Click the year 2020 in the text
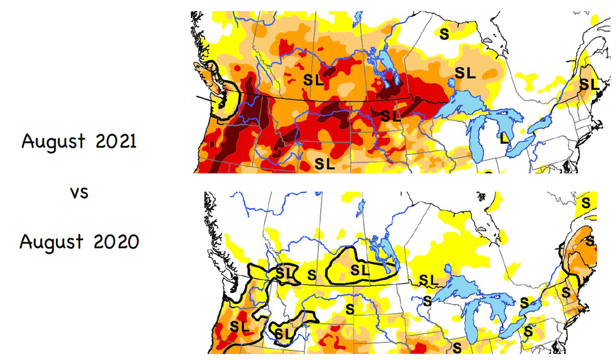(116, 242)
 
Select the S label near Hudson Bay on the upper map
(444, 35)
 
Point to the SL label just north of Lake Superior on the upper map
(465, 73)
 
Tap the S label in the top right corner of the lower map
(586, 202)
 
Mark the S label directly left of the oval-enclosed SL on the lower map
(312, 274)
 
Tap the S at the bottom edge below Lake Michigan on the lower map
(457, 348)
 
